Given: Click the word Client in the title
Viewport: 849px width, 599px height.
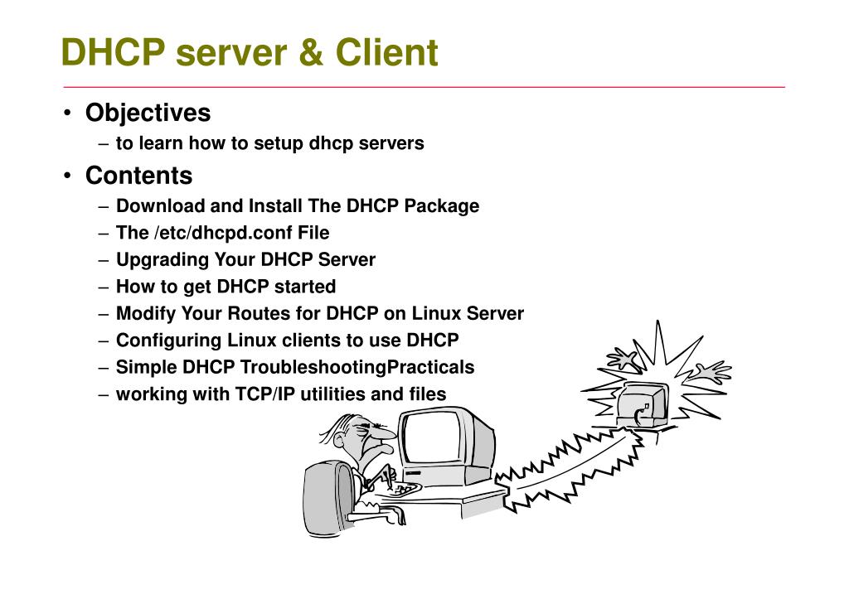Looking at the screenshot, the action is point(386,52).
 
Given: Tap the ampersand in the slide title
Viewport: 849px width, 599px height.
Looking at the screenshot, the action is point(311,52).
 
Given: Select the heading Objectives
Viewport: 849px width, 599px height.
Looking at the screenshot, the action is point(148,114).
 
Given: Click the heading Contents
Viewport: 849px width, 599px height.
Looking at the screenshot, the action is point(139,176).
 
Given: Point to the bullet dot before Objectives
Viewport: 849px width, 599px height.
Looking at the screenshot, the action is point(67,114).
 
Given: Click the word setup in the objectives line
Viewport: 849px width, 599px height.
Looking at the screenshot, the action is point(279,143).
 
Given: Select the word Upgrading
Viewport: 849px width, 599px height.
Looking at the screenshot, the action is point(163,259).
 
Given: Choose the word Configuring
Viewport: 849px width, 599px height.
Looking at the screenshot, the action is point(169,341).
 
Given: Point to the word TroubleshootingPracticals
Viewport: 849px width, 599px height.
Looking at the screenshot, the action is point(357,367).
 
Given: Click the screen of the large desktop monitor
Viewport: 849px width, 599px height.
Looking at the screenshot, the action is point(432,438).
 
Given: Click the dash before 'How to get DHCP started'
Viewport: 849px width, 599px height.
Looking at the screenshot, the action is point(104,287).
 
